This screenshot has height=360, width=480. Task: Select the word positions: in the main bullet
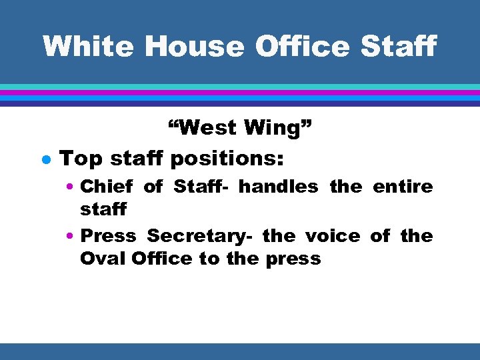(227, 160)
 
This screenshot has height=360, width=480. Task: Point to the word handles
(278, 187)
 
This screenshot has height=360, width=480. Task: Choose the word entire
(403, 187)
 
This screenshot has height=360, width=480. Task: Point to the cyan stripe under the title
(240, 87)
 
